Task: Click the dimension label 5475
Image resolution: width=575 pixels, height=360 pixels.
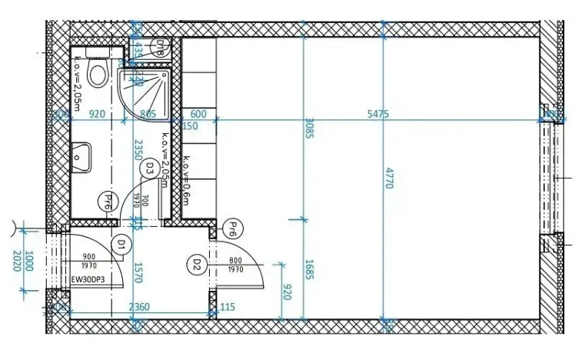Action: tap(378, 113)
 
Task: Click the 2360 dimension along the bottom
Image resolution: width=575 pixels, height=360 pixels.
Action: tap(138, 307)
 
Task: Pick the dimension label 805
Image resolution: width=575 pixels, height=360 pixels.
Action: tap(149, 113)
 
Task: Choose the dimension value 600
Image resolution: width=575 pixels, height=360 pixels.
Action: tap(198, 113)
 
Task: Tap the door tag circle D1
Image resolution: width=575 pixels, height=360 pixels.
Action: tap(121, 244)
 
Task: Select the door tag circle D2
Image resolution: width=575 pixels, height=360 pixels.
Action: tap(197, 264)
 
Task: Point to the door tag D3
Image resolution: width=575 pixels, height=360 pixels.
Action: tap(151, 167)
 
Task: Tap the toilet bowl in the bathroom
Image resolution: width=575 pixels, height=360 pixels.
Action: tap(98, 74)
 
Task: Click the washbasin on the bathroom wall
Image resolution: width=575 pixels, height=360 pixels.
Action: tap(80, 157)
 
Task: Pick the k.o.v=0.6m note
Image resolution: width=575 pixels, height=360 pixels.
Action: tap(185, 182)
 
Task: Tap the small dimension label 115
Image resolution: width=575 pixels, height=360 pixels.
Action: tap(228, 307)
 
